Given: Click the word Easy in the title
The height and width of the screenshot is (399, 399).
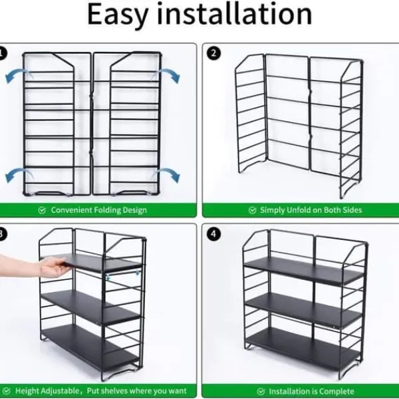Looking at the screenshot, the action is click(x=118, y=15).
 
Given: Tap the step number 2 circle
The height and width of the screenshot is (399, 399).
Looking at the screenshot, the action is click(x=213, y=53).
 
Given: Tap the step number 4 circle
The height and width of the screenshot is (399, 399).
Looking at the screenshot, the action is click(x=213, y=234).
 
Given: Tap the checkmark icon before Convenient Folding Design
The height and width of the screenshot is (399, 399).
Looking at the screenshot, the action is click(x=42, y=210).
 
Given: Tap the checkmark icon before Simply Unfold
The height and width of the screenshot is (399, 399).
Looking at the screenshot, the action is click(x=252, y=210).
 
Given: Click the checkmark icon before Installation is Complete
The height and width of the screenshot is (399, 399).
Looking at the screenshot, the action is click(x=261, y=392).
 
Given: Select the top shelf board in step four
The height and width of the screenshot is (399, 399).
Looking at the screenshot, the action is click(x=304, y=270).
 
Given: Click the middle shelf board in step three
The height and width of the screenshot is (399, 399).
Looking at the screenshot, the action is click(x=91, y=307).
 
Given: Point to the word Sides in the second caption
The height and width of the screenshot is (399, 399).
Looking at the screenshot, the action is click(x=352, y=210).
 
